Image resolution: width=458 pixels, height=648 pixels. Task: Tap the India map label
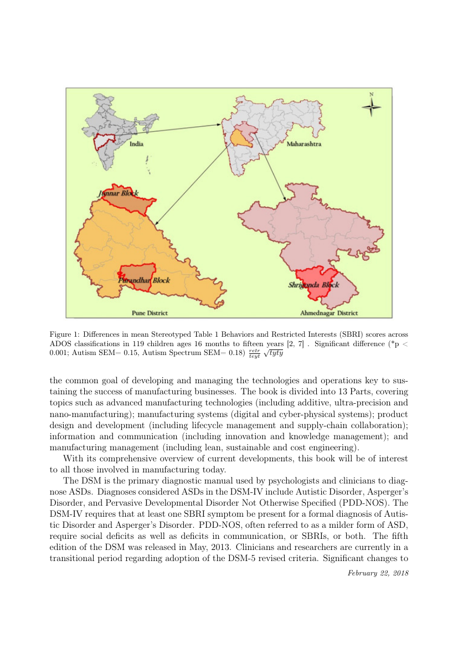point(136,143)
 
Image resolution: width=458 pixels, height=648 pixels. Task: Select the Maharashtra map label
point(304,144)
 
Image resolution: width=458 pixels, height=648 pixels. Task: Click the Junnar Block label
point(118,193)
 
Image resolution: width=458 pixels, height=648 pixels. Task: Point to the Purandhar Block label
point(144,280)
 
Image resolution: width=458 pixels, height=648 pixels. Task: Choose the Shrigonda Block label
point(313,285)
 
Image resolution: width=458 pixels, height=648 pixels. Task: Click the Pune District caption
point(150,313)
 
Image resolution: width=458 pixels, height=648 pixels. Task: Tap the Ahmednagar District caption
point(329,313)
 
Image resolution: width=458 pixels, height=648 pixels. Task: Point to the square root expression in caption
point(273,353)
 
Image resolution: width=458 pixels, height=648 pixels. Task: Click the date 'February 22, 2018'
point(378,572)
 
